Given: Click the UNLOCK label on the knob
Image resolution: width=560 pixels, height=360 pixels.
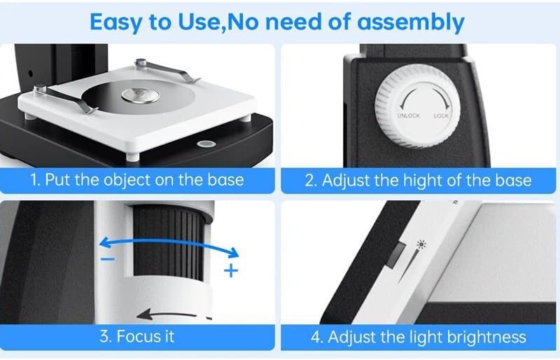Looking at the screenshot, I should (x=408, y=116).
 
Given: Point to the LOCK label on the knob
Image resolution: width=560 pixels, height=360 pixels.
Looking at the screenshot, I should (x=441, y=116).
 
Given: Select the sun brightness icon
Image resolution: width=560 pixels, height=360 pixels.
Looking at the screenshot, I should (x=421, y=246).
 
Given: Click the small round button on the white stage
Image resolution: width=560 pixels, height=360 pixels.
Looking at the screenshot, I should (x=207, y=143).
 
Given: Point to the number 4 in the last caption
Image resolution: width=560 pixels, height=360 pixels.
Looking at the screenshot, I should (x=315, y=337).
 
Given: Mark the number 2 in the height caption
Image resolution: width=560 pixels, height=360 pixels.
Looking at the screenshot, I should (x=310, y=180).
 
